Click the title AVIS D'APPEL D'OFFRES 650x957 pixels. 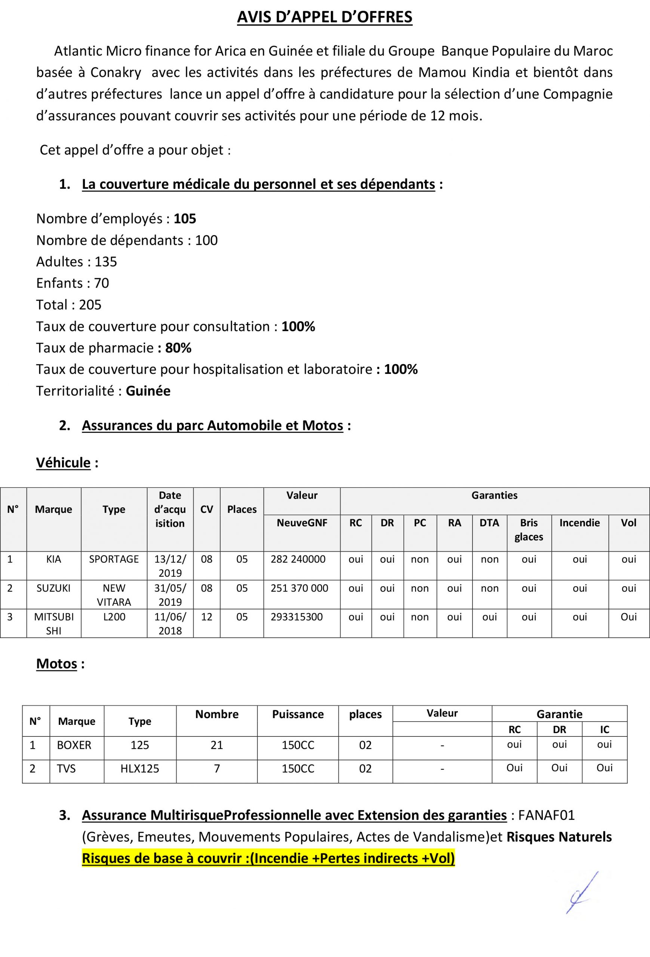(x=324, y=17)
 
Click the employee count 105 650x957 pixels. (x=185, y=219)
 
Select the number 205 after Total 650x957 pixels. (x=90, y=305)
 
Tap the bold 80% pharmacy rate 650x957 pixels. (x=178, y=348)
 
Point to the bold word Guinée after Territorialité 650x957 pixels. (x=148, y=391)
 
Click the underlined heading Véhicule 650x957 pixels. (x=64, y=462)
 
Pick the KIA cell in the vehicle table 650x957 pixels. (x=53, y=559)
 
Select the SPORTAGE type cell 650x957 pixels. (x=114, y=559)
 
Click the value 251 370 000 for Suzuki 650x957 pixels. (x=299, y=588)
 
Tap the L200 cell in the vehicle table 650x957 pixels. (x=114, y=617)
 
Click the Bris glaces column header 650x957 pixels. (x=529, y=530)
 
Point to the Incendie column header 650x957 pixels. (x=579, y=523)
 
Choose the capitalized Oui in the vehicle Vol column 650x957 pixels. (x=628, y=617)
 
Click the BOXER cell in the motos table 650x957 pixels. (x=74, y=745)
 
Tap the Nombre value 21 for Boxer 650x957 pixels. (x=216, y=745)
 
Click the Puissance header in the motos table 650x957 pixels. (x=298, y=714)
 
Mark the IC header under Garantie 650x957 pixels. (x=604, y=730)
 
